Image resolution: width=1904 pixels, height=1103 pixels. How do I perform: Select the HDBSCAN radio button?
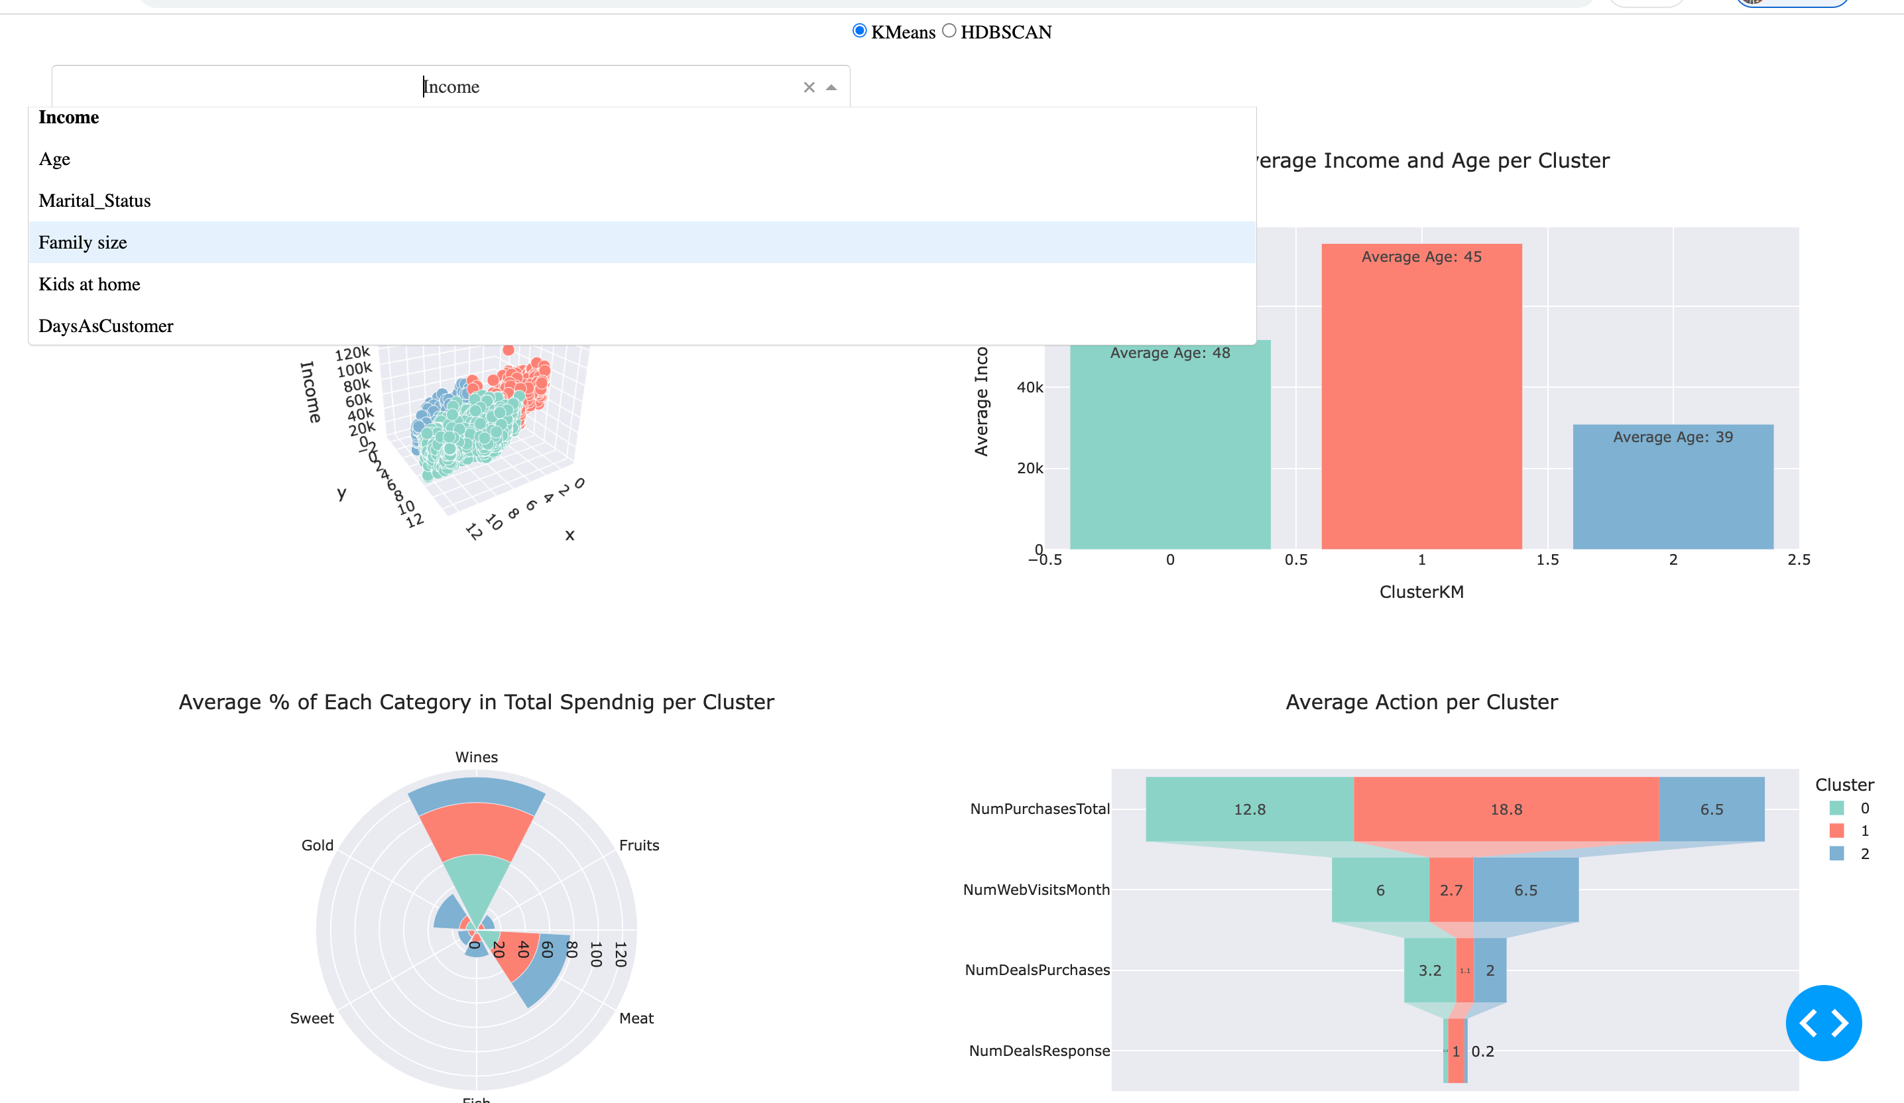point(949,31)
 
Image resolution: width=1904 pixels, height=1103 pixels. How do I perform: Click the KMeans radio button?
point(859,31)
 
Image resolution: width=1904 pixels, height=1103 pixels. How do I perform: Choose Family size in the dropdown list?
point(83,243)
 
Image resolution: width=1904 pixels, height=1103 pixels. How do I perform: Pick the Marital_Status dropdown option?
point(94,201)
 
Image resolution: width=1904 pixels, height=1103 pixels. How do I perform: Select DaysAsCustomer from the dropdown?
point(106,326)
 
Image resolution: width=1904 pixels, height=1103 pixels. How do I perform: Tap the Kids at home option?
point(89,285)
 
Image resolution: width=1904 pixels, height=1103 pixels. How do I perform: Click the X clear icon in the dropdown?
point(808,87)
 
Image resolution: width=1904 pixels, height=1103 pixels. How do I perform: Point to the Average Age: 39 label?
point(1673,437)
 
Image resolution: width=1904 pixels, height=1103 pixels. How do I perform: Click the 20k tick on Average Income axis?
point(1029,469)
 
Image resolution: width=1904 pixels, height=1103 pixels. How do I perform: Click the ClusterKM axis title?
point(1421,591)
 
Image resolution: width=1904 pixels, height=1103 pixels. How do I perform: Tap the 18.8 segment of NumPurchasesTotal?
point(1506,809)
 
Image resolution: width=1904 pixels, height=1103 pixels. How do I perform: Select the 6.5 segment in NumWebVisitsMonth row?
point(1525,890)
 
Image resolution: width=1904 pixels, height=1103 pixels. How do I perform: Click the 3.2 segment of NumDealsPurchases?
point(1429,970)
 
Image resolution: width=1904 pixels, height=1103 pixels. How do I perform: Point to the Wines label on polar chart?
point(476,757)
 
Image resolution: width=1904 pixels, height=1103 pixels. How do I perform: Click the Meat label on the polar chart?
point(636,1018)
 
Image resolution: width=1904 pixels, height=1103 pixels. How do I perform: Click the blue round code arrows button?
point(1823,1023)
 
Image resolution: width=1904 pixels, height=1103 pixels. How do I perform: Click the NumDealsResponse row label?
point(1039,1051)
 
